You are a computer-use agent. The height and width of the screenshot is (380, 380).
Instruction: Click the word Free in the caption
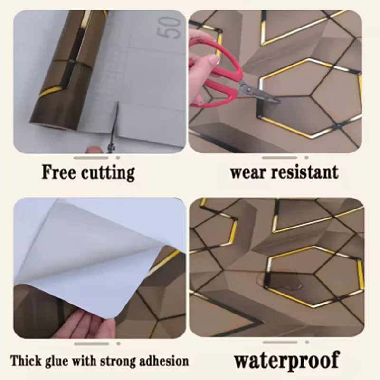pos(58,171)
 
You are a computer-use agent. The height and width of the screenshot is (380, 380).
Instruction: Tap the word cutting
pos(107,172)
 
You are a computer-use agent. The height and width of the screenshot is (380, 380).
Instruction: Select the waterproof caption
pos(286,361)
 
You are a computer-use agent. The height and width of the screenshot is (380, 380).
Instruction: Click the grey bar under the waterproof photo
pos(280,342)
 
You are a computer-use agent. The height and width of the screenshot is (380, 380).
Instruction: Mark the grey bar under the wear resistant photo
pos(280,157)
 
